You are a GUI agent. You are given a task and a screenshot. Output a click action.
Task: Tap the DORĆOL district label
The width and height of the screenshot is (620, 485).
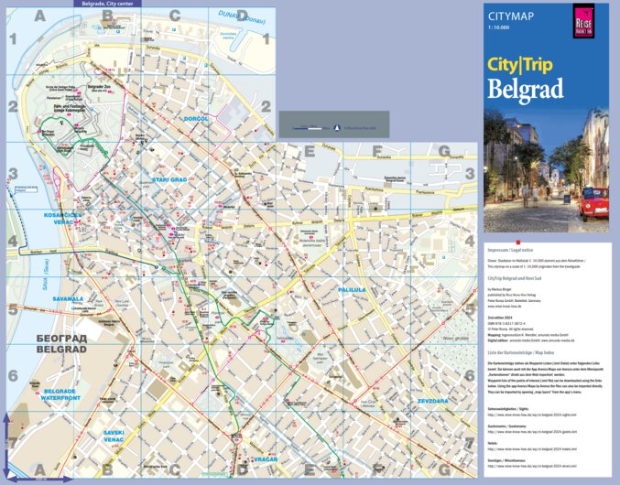coord(196,119)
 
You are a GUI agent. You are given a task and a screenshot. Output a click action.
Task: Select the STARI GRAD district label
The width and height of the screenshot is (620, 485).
coord(169,179)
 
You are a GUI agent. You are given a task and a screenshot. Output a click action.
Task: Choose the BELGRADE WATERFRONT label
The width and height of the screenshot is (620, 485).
coord(62,394)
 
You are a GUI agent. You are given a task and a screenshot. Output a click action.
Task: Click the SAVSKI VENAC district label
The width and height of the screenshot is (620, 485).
coord(114,435)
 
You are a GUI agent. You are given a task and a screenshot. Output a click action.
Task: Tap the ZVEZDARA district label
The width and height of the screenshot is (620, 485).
coord(432,400)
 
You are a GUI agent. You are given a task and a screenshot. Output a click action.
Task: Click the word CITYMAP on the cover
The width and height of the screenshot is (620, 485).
coord(510,16)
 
